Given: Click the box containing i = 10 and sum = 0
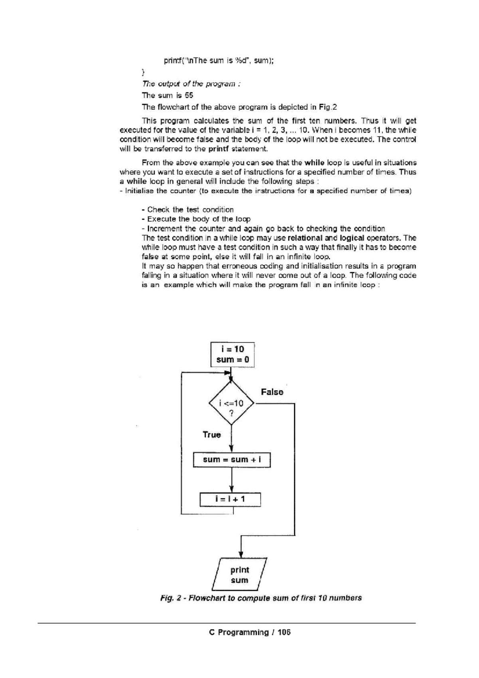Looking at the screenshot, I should click(232, 354).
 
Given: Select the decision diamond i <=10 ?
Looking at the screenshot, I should click(232, 403).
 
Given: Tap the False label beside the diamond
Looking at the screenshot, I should click(272, 392).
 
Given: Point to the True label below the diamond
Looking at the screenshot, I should click(212, 435).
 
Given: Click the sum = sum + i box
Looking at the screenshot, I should click(232, 460).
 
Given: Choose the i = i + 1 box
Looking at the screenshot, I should click(230, 499).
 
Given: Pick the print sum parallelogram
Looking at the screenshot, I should click(239, 575).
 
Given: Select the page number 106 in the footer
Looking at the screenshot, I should click(284, 632).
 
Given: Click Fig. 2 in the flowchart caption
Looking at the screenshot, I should click(171, 598).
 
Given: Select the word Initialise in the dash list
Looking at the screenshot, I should click(140, 191).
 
